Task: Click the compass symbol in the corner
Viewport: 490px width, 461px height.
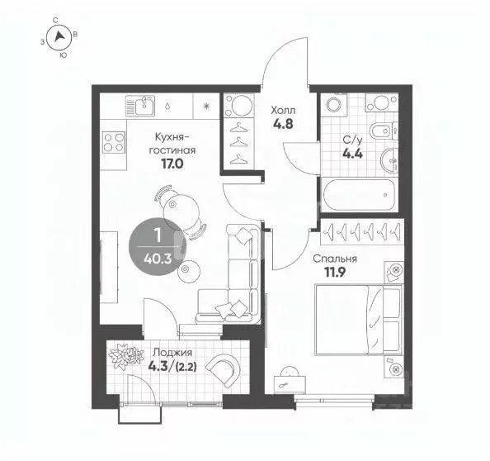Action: [59, 36]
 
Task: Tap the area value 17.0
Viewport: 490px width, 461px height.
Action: [173, 164]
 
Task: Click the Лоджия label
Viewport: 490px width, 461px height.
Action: [167, 352]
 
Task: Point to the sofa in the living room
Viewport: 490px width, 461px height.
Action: [239, 277]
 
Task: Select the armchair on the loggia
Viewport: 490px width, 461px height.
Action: [222, 370]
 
